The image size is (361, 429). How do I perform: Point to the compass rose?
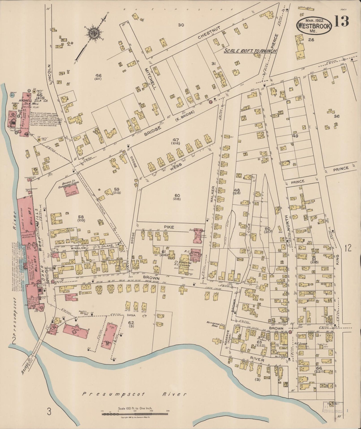pos(94,33)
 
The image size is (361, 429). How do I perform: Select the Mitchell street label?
pos(149,75)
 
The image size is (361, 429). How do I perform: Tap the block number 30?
pos(181,25)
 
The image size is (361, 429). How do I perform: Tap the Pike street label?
pos(169,227)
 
